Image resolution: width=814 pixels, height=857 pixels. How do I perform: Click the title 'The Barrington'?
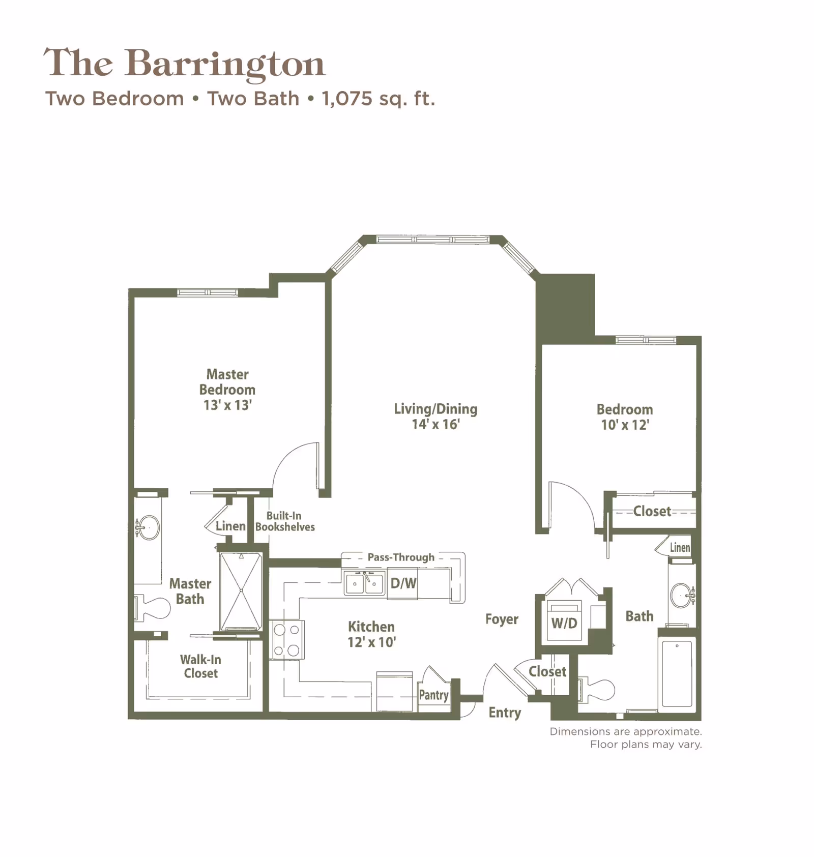tap(184, 63)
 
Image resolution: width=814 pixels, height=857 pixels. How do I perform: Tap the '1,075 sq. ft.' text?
tap(378, 99)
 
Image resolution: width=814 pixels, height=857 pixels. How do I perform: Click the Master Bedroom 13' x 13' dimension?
tap(227, 405)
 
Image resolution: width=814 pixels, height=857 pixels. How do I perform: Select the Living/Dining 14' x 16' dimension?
tap(435, 424)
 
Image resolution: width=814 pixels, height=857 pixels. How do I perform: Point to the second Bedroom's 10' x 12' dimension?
tap(625, 425)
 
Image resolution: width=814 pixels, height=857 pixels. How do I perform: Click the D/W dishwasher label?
tap(403, 583)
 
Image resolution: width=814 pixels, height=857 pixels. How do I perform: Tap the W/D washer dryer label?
tap(564, 623)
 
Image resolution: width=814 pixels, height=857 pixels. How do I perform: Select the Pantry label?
tap(433, 695)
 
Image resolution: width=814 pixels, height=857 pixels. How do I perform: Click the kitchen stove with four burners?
tap(286, 640)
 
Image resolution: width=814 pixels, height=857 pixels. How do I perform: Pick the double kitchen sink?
tap(364, 583)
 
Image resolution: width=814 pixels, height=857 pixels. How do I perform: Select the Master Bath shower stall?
tap(241, 591)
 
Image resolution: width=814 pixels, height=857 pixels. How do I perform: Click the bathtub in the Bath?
tap(677, 672)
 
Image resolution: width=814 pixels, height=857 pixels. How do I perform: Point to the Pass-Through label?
tap(401, 557)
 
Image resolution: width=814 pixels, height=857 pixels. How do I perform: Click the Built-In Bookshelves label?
tap(284, 521)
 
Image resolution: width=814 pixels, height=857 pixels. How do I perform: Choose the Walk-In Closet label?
tap(200, 666)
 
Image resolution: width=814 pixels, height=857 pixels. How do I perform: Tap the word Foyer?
tap(502, 619)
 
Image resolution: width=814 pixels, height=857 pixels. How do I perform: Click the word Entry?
tap(505, 713)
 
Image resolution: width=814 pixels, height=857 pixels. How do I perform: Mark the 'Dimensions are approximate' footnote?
tap(625, 731)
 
